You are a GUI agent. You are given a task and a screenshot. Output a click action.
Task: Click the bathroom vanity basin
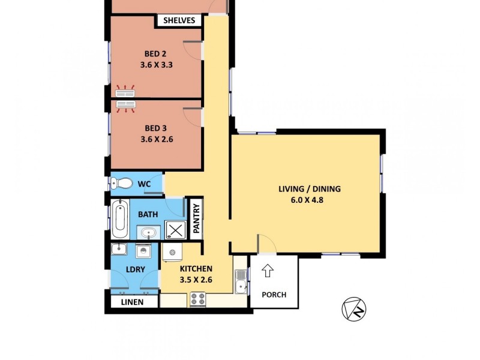[148, 231]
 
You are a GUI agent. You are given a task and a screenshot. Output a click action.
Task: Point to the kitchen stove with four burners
[197, 298]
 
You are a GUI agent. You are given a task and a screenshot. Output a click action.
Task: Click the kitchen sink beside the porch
[241, 281]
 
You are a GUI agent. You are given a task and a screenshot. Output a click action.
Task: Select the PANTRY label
[196, 217]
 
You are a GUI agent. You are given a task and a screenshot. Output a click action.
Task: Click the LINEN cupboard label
[132, 302]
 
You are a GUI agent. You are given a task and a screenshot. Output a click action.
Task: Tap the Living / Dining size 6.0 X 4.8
[309, 200]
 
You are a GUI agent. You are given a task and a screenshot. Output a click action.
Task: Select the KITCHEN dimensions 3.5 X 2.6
[196, 280]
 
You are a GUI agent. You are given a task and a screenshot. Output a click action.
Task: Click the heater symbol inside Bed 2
[125, 92]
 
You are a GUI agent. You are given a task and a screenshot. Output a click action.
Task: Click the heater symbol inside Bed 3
[125, 106]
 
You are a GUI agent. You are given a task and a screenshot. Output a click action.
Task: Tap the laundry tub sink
[119, 250]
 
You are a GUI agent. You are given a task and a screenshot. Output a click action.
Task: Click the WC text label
[144, 184]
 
